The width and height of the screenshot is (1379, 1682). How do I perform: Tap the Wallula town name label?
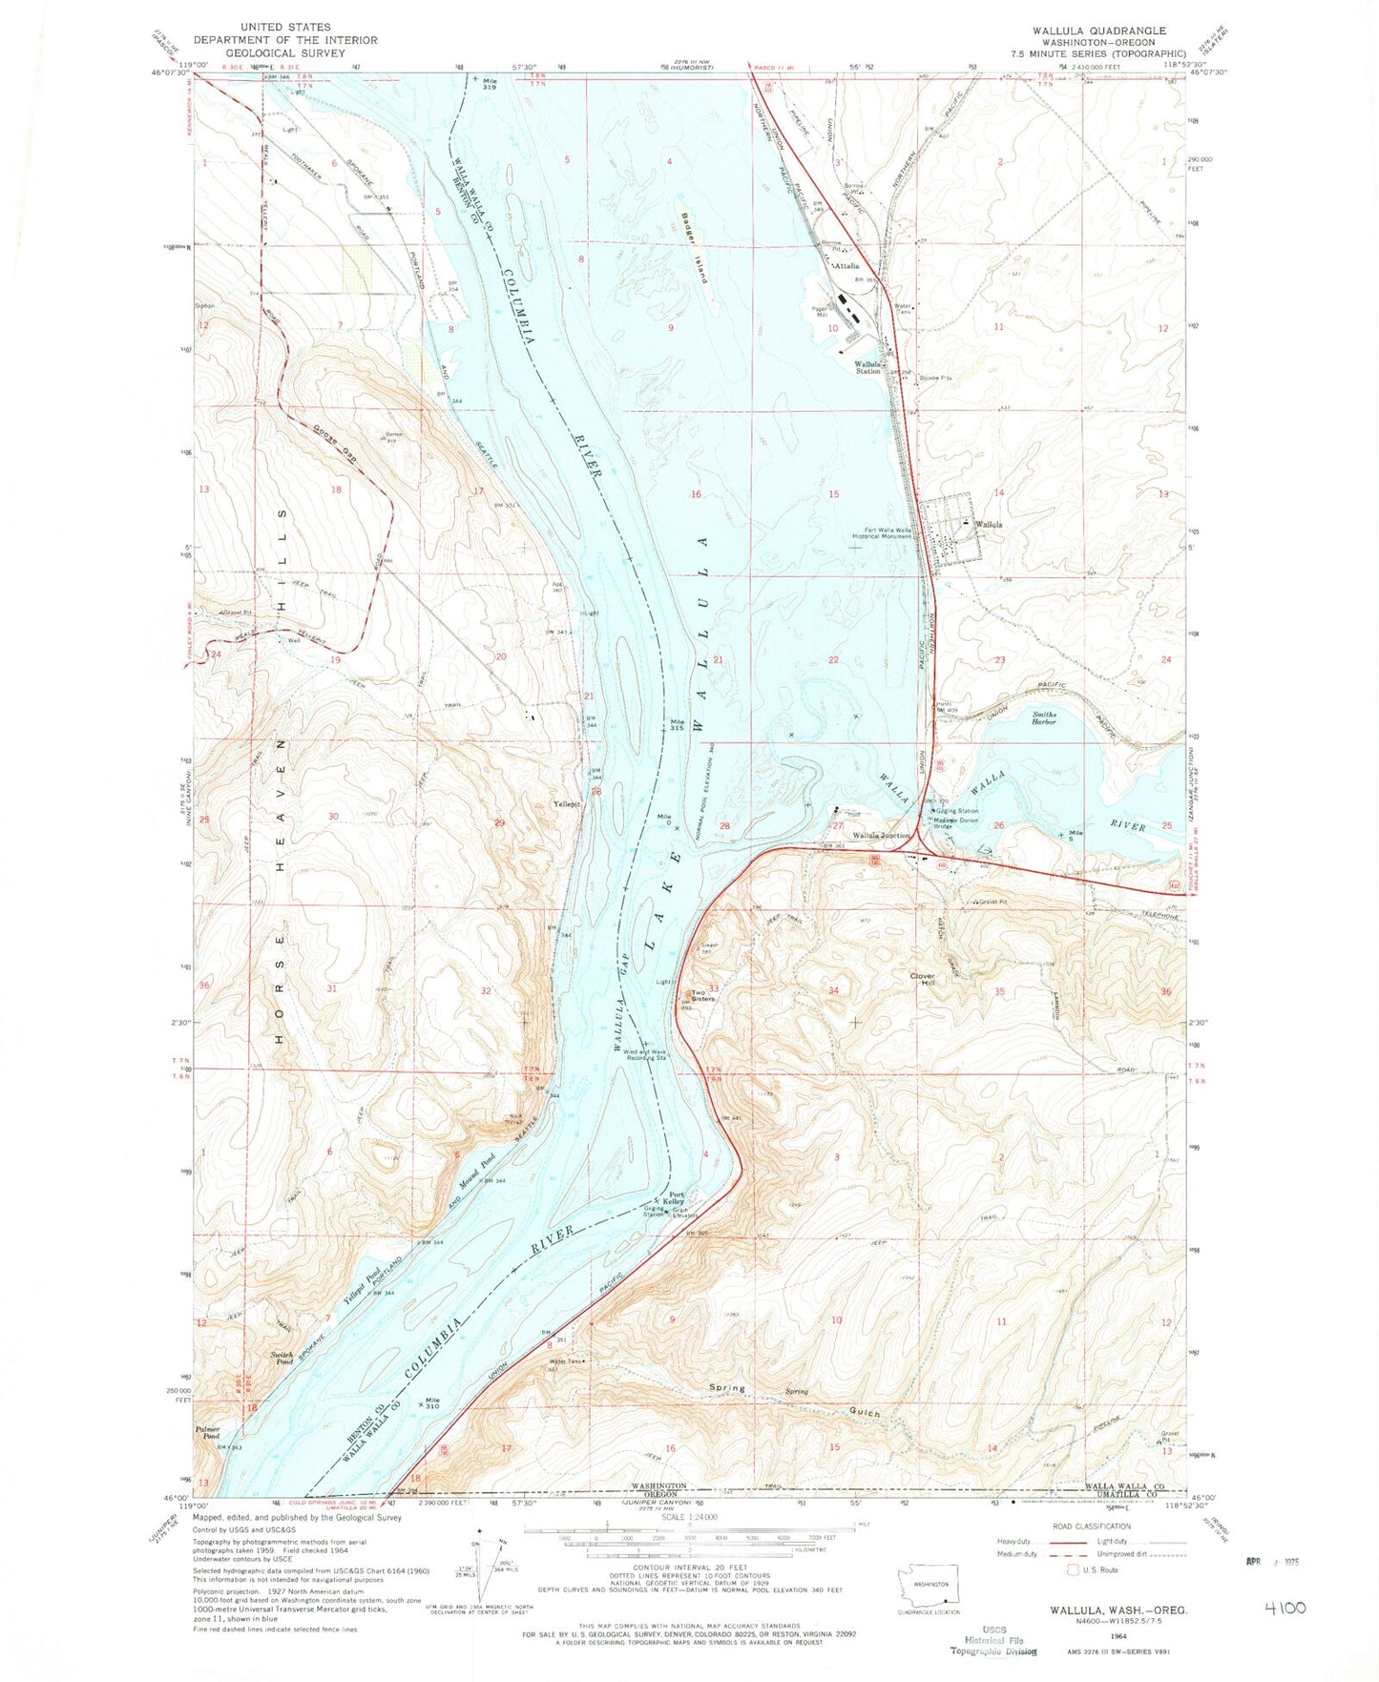[988, 525]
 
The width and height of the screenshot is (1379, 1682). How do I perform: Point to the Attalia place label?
[846, 266]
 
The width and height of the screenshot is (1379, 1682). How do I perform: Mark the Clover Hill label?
[921, 980]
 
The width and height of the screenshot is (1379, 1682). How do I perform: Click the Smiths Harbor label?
[1051, 721]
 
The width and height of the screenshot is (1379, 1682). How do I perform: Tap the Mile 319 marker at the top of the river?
[491, 84]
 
